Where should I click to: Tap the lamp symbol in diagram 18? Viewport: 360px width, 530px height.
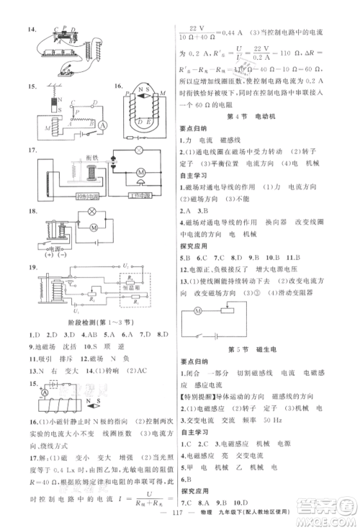pyautogui.click(x=91, y=213)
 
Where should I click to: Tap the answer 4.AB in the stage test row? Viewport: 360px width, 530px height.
pyautogui.click(x=71, y=334)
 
